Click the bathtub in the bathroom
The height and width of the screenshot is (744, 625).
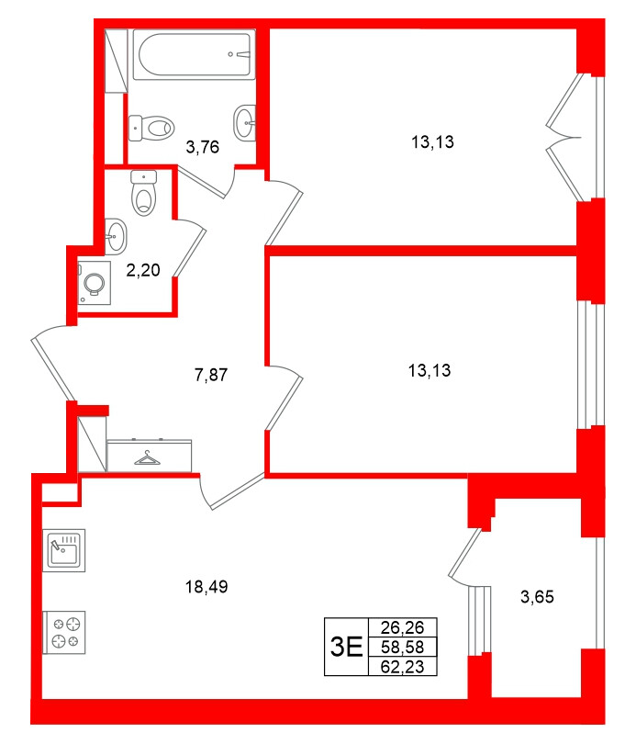(x=192, y=56)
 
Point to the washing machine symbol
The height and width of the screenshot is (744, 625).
(x=93, y=282)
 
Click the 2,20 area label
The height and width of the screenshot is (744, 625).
(x=142, y=270)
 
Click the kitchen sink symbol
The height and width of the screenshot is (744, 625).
(x=64, y=551)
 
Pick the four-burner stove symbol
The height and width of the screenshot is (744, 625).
(x=64, y=632)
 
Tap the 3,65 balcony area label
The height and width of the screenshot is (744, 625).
(x=538, y=597)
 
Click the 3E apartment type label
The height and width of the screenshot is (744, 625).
(x=346, y=647)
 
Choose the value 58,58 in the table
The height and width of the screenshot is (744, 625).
(x=402, y=647)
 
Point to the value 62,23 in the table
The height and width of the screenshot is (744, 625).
(x=402, y=665)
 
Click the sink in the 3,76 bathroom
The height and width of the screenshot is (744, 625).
(x=245, y=121)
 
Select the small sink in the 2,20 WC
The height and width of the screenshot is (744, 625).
(x=117, y=235)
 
